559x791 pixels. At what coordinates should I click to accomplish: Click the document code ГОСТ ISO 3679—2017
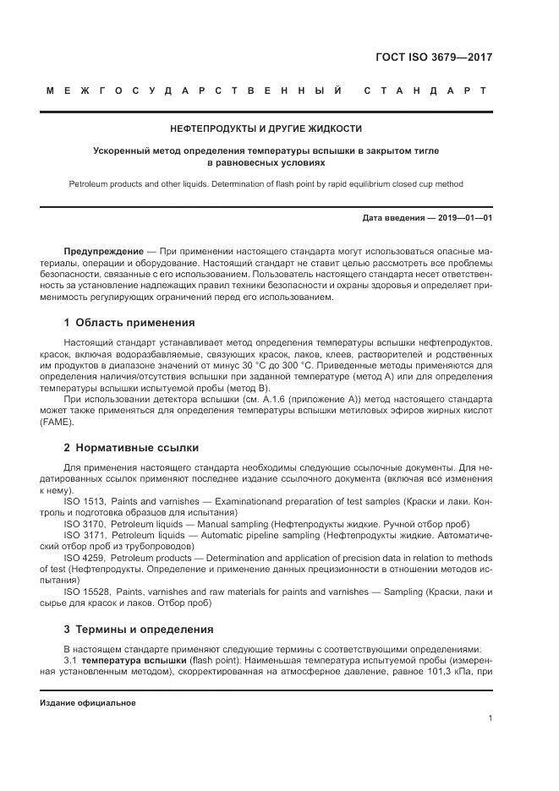tap(434, 57)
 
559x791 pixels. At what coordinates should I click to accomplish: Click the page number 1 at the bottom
tap(490, 718)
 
